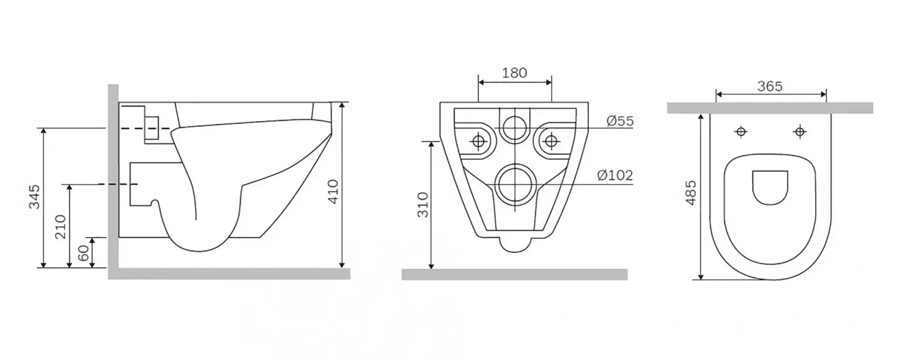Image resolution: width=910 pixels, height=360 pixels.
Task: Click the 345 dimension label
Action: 35,197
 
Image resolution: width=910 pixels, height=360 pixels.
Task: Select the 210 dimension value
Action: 60,227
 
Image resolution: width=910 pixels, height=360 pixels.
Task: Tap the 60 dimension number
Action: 83,253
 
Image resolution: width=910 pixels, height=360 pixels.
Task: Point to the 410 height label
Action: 333,192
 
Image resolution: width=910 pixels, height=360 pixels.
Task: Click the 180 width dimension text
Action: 514,73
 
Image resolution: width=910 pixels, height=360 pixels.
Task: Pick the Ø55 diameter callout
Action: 620,121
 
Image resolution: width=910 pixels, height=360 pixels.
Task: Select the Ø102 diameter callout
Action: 615,175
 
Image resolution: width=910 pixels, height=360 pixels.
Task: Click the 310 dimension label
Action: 423,205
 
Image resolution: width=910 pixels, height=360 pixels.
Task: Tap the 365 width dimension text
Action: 770,86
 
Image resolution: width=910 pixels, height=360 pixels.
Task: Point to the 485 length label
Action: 690,193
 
